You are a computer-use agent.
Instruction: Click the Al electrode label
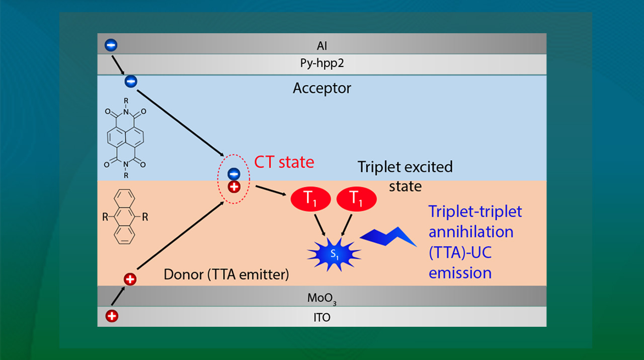(322, 46)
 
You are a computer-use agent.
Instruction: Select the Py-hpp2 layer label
(322, 64)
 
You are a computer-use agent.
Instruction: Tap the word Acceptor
(322, 89)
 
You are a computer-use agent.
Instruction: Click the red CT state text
(284, 162)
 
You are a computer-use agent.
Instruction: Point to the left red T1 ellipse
(310, 200)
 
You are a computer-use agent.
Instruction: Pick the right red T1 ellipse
(356, 200)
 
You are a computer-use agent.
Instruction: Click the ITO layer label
(322, 318)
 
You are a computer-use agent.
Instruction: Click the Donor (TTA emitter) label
(226, 275)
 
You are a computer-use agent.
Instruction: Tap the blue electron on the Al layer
(111, 45)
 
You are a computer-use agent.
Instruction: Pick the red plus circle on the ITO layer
(112, 316)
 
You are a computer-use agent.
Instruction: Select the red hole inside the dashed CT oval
(234, 187)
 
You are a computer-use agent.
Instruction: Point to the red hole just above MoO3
(130, 278)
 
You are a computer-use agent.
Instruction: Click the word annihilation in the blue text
(471, 232)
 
